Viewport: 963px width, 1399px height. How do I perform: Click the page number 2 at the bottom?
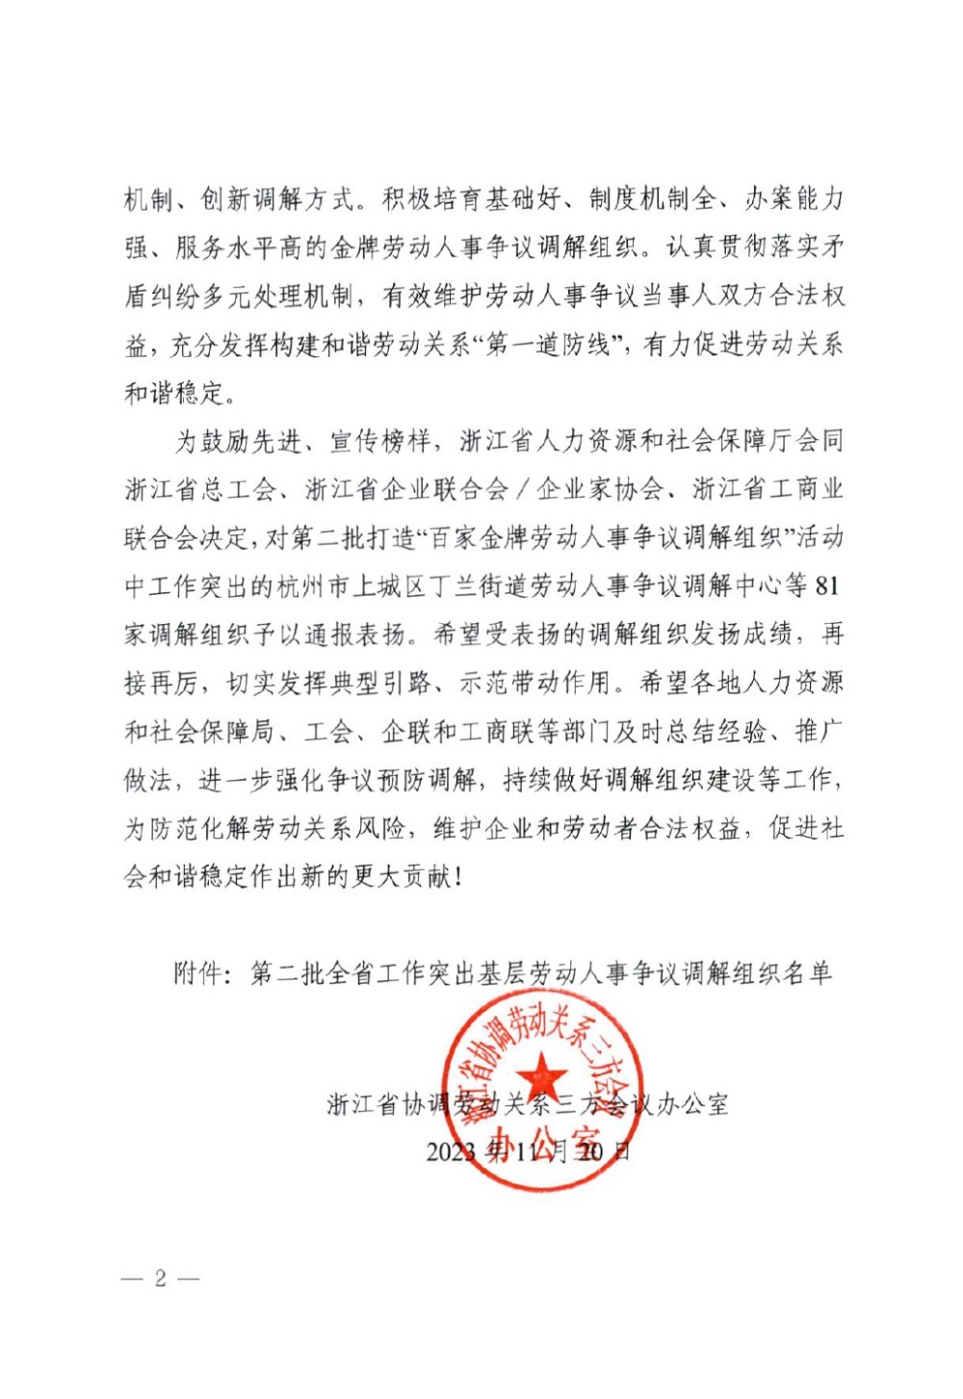click(160, 1278)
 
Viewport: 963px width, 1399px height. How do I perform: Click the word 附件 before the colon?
click(199, 973)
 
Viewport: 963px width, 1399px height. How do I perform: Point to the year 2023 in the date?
click(451, 1151)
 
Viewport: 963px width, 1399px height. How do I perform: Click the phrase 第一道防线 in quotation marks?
click(548, 344)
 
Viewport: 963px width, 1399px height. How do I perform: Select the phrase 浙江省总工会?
click(200, 489)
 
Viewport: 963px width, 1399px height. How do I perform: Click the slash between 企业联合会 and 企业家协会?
click(523, 489)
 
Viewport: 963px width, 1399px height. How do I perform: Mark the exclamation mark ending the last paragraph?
click(456, 877)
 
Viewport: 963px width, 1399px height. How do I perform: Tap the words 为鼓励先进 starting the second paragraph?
click(238, 441)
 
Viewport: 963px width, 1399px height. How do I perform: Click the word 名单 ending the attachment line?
click(808, 973)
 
